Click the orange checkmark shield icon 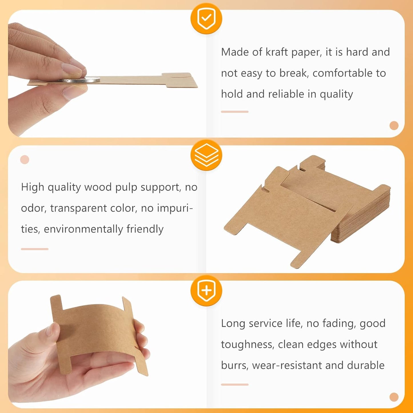pos(206,19)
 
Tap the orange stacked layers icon pos(206,155)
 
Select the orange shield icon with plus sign pos(206,291)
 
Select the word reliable pos(286,94)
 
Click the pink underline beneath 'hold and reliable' pos(235,112)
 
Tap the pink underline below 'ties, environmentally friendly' pos(35,249)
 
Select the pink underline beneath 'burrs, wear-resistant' pos(235,385)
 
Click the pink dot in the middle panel pos(25,159)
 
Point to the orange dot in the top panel pos(394,125)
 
